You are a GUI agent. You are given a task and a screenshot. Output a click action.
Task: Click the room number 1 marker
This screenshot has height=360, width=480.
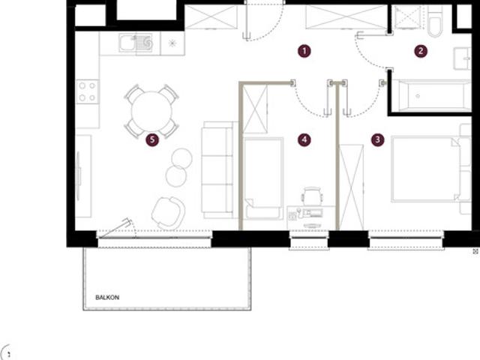304,51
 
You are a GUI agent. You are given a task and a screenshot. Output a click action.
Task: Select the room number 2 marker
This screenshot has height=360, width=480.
421,51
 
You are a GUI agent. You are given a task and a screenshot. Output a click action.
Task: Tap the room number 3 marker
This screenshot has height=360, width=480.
377,140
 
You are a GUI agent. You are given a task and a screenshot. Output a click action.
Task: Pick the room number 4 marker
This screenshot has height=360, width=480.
304,140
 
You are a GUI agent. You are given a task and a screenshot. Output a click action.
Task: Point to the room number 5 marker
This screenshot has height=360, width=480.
152,140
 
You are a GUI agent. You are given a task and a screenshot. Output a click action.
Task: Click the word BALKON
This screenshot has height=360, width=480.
107,297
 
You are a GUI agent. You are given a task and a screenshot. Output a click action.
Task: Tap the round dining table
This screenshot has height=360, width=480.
151,112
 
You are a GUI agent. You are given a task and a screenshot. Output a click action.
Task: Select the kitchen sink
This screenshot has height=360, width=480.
136,43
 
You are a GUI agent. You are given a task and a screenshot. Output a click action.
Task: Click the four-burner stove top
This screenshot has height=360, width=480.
88,91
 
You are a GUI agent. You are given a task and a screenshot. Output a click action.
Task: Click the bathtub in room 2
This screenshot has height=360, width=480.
432,96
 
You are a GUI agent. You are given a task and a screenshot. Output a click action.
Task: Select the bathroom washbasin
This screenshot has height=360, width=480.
462,58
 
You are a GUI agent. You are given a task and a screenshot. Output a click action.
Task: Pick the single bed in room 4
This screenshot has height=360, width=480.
263,178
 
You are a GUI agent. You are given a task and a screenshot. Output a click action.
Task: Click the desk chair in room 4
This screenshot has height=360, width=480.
312,196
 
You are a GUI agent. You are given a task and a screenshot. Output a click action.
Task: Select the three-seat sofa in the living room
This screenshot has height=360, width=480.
218,170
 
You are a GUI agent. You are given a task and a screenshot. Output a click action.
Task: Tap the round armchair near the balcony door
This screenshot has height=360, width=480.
168,213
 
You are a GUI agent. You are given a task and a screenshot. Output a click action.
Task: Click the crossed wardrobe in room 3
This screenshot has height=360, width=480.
352,187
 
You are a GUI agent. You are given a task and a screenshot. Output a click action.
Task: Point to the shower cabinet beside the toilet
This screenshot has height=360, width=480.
407,17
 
